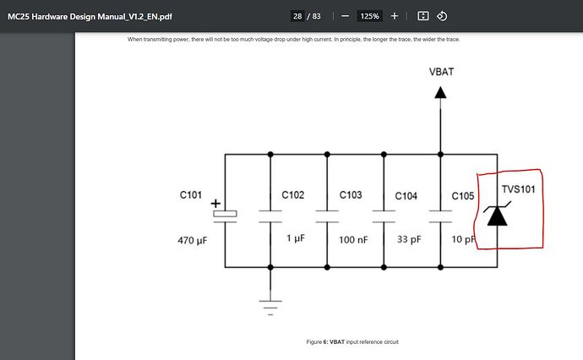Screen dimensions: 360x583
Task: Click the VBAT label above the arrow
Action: [x=440, y=72]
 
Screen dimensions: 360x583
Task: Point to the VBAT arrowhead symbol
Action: [x=440, y=91]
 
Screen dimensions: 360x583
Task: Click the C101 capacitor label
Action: [x=191, y=195]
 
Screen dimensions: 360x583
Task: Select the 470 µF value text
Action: [x=193, y=241]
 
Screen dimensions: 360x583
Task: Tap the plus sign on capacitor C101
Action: [x=215, y=204]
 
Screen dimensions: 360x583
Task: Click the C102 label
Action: [x=292, y=195]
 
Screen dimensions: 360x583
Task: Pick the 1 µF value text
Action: [x=295, y=239]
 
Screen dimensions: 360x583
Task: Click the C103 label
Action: [x=351, y=195]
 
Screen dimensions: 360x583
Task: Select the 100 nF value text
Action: [x=353, y=240]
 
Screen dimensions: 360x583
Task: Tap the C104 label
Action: [x=406, y=196]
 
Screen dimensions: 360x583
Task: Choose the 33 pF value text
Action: [x=410, y=240]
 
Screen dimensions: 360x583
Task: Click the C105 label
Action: [x=462, y=196]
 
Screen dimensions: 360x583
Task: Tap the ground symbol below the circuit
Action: [x=270, y=303]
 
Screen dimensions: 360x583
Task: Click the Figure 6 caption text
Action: [x=352, y=341]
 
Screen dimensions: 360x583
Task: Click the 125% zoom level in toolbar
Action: [x=369, y=16]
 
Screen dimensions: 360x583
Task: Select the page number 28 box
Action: [x=297, y=16]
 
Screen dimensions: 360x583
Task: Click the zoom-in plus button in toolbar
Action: [x=395, y=16]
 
